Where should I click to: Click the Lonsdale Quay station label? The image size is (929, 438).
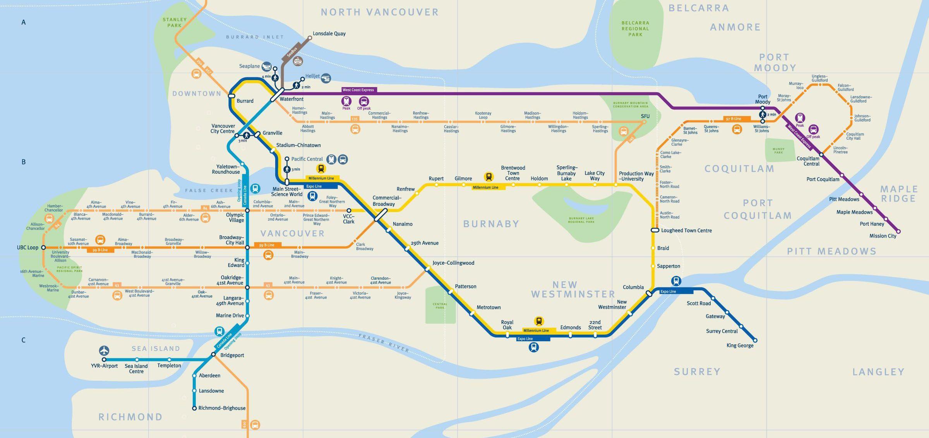[x=329, y=34]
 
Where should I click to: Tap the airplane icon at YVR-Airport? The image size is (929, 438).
[x=104, y=351]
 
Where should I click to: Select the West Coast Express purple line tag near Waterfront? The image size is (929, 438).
[x=358, y=90]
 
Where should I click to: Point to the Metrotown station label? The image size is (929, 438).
[x=488, y=308]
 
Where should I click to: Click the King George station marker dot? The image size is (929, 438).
[x=755, y=340]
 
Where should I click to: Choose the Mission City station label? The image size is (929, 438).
[x=883, y=236]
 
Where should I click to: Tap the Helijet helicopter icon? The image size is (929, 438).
[x=326, y=79]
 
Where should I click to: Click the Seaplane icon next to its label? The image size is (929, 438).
[x=266, y=67]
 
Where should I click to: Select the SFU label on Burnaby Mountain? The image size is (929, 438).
[x=645, y=116]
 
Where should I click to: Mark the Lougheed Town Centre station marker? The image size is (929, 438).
[x=655, y=230]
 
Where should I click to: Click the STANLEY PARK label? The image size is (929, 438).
[x=175, y=22]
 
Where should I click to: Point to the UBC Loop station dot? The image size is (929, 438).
[x=43, y=247]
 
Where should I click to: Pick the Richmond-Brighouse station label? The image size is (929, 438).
[x=222, y=408]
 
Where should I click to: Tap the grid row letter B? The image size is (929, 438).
[x=24, y=162]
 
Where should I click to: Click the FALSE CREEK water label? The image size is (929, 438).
[x=209, y=190]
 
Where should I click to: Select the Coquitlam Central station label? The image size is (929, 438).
[x=808, y=161]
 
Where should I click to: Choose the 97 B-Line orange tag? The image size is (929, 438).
[x=732, y=119]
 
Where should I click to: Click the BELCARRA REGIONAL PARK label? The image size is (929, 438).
[x=635, y=29]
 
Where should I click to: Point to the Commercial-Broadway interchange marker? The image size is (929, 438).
[x=381, y=215]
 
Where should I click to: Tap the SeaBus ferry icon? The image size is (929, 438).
[x=298, y=61]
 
